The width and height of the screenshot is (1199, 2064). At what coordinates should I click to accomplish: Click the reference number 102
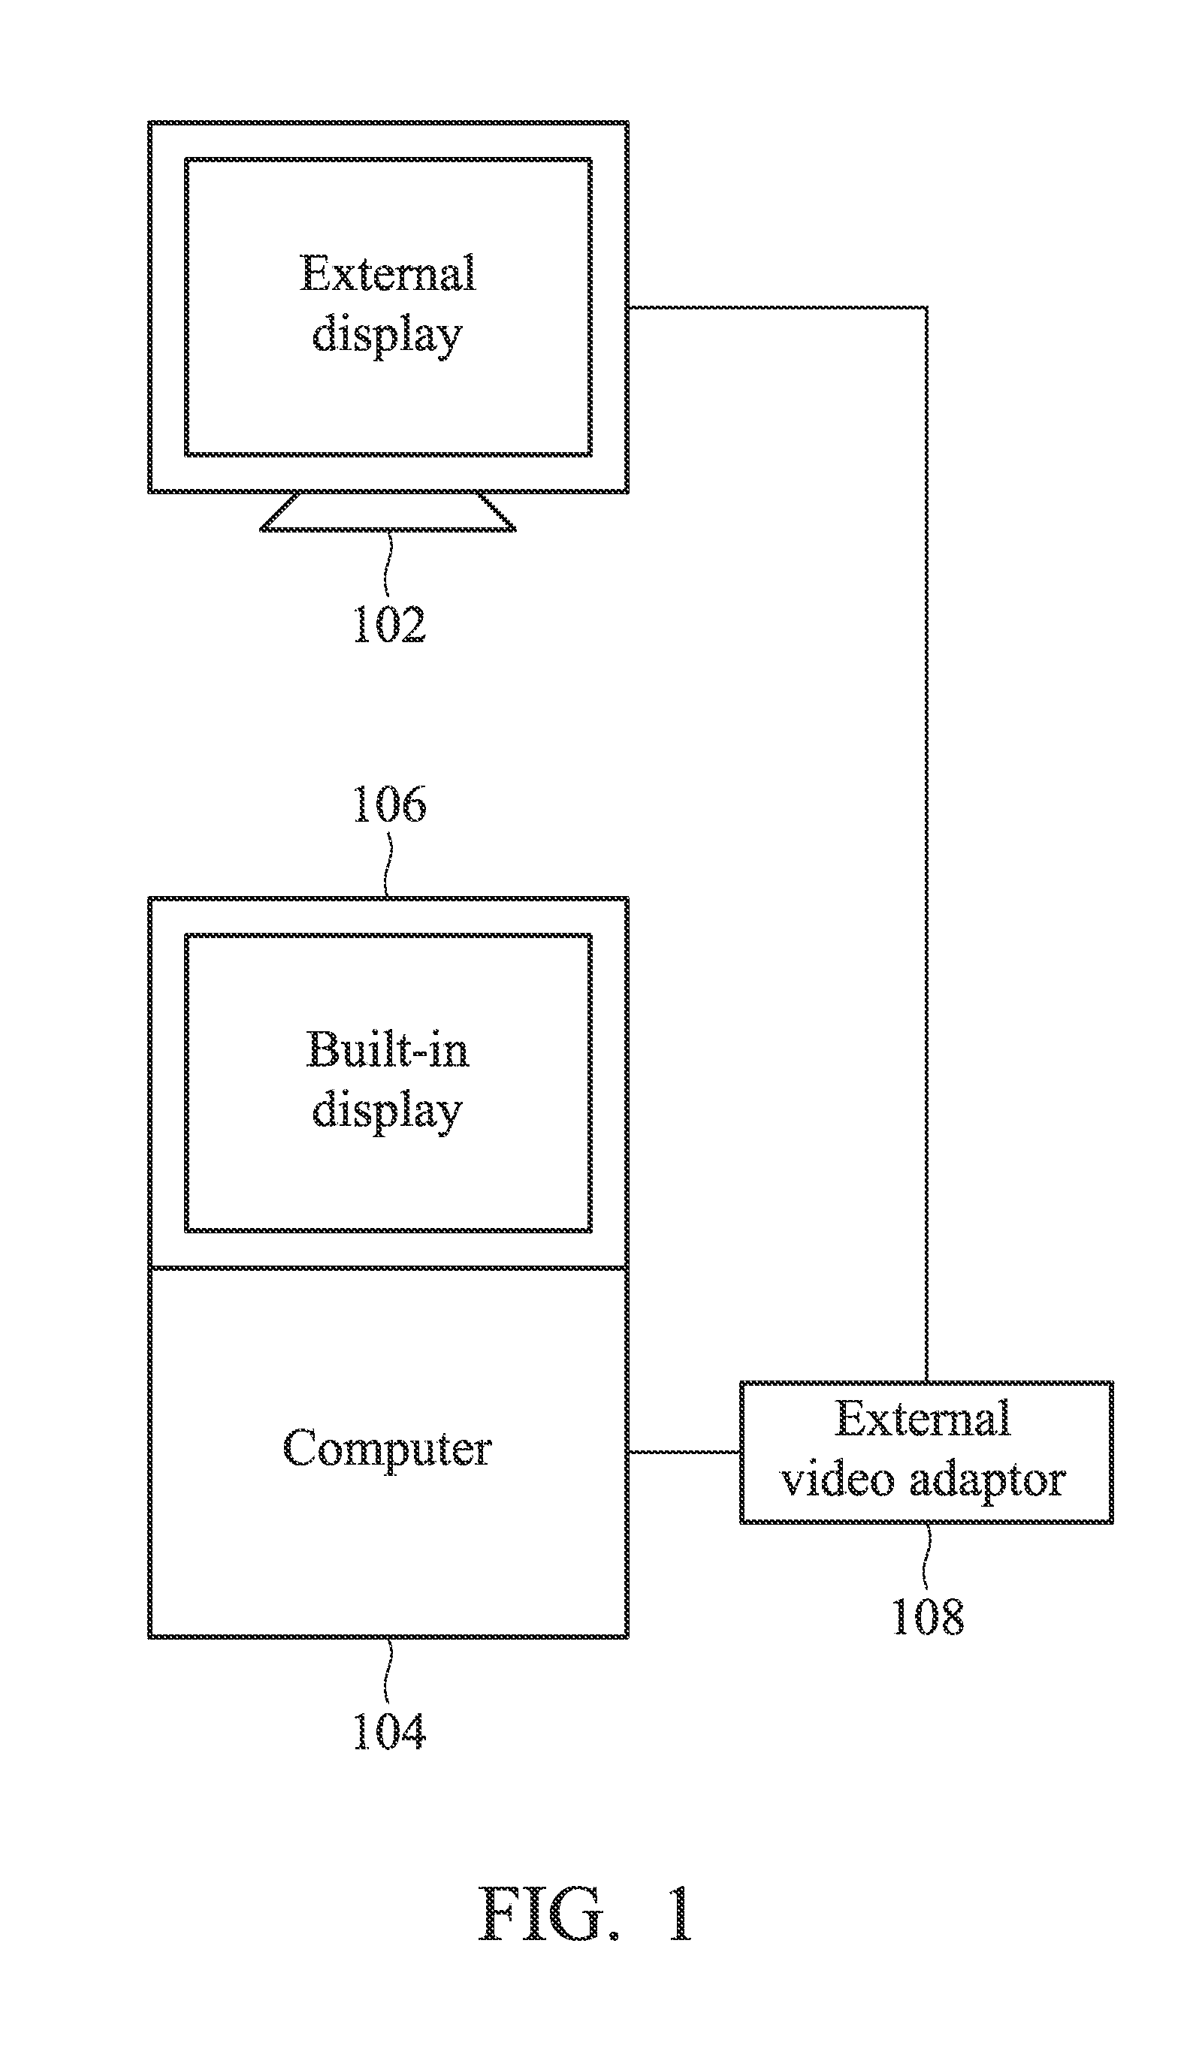click(389, 625)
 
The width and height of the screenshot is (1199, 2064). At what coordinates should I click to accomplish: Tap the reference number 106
click(389, 804)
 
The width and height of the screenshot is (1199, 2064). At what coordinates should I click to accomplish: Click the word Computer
click(388, 1450)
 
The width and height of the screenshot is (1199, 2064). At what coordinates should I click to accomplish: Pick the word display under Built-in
click(388, 1112)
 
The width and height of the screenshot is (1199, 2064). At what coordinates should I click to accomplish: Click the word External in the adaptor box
click(923, 1418)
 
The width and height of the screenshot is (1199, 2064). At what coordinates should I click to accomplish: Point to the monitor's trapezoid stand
click(388, 512)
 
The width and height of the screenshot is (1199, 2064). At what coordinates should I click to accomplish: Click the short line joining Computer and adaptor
click(684, 1451)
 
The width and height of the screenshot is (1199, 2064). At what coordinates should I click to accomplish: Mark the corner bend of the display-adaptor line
click(926, 308)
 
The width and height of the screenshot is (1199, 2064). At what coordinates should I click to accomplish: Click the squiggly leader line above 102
click(389, 564)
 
